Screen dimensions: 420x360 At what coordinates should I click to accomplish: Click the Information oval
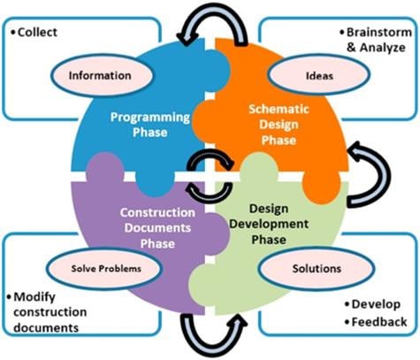(101, 75)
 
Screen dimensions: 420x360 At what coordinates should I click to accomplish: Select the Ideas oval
(319, 75)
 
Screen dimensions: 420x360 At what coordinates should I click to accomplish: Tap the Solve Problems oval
(105, 268)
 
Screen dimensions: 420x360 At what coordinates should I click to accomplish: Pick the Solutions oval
(317, 269)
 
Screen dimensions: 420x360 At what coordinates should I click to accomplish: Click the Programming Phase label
(150, 125)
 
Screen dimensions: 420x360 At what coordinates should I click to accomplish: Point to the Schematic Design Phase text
(279, 125)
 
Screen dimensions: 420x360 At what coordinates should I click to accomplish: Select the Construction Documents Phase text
(157, 228)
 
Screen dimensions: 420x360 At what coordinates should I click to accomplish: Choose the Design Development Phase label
(269, 224)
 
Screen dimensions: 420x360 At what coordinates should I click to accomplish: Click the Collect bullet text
(34, 32)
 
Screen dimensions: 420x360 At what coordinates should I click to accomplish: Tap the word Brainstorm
(379, 33)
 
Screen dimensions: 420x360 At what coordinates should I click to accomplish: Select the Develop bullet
(372, 304)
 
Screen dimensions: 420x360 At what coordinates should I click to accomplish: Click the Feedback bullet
(376, 322)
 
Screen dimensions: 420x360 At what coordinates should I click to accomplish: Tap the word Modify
(34, 297)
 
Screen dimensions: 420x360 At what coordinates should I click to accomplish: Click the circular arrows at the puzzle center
(210, 176)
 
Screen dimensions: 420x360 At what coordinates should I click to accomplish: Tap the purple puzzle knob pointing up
(104, 166)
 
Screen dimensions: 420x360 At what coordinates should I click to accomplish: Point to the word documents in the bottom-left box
(46, 328)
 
